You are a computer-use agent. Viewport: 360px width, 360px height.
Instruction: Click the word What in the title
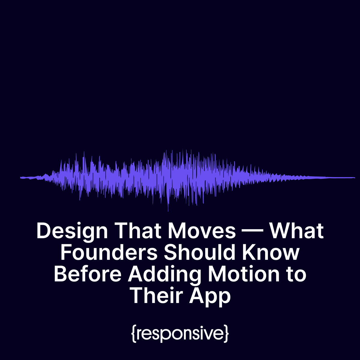tap(296, 231)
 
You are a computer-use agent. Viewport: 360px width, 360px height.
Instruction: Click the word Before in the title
tap(88, 274)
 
